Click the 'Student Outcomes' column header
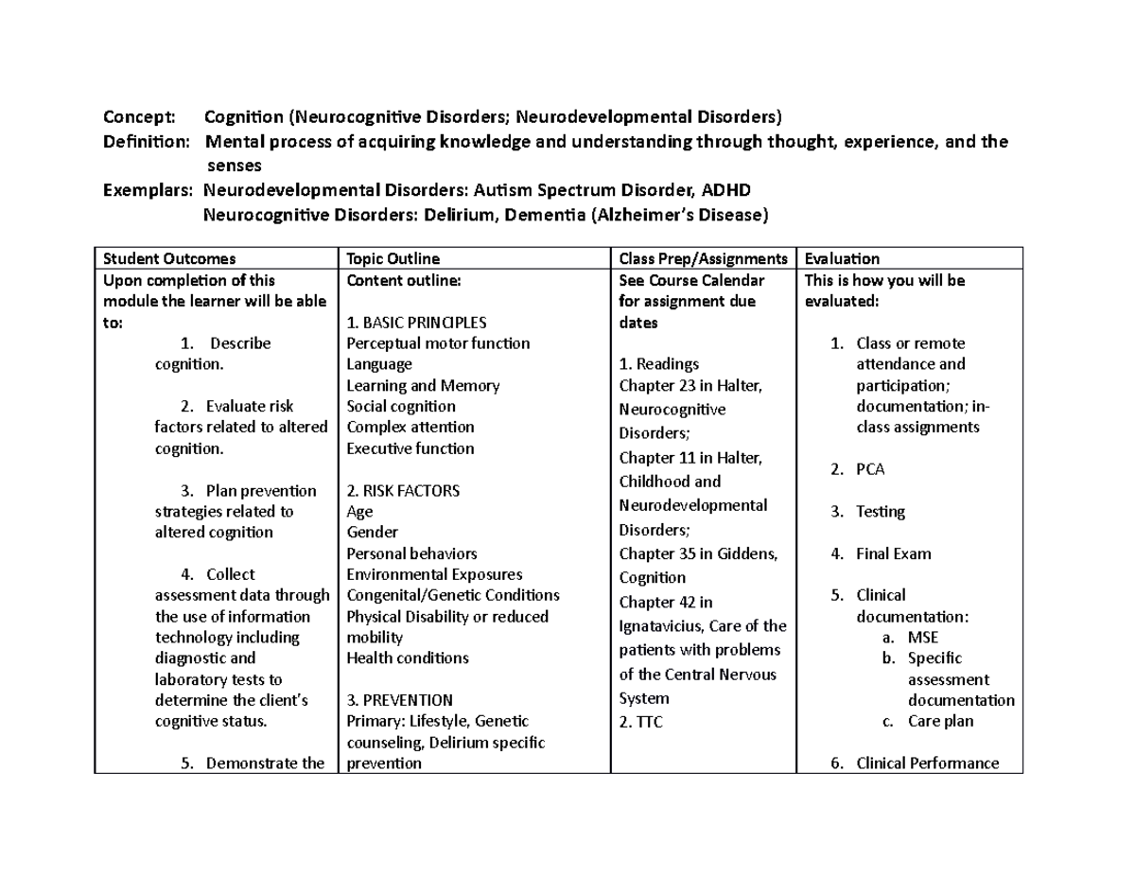click(x=169, y=258)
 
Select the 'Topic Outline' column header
click(x=393, y=258)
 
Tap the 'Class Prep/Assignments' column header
click(x=703, y=258)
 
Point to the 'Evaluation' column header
click(x=842, y=258)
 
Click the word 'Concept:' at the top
click(x=139, y=117)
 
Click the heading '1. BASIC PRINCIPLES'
click(x=416, y=322)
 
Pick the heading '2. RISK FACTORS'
click(x=403, y=490)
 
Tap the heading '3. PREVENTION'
click(x=399, y=700)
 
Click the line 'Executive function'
click(x=410, y=448)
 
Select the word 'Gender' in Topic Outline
click(x=373, y=532)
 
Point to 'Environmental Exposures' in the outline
click(x=434, y=574)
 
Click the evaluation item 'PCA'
click(x=870, y=469)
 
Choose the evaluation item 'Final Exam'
click(x=893, y=553)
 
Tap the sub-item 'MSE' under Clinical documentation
click(x=922, y=637)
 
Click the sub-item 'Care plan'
click(x=940, y=721)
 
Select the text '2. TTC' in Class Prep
click(x=640, y=722)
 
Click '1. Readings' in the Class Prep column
click(x=659, y=364)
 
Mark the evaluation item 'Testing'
click(x=880, y=512)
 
